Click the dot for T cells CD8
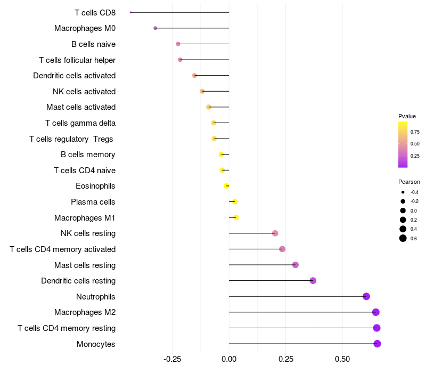tap(130, 12)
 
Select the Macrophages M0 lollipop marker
tap(155, 28)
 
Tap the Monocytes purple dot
tap(377, 344)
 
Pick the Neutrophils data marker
tap(366, 296)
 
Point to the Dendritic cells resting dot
tap(313, 281)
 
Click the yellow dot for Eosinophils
tap(226, 186)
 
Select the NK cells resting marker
tap(275, 233)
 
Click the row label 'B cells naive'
tap(93, 44)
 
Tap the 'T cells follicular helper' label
tap(77, 60)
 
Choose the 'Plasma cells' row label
tap(93, 202)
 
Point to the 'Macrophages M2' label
tap(85, 312)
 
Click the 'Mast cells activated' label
tap(81, 107)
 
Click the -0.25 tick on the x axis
tap(172, 359)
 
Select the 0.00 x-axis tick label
tap(229, 359)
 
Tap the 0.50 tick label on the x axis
tap(342, 359)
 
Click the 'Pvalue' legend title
tap(407, 116)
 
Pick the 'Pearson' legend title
tap(409, 182)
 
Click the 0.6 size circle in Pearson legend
tap(403, 238)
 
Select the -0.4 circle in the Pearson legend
tap(403, 192)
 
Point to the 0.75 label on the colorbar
tap(415, 132)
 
